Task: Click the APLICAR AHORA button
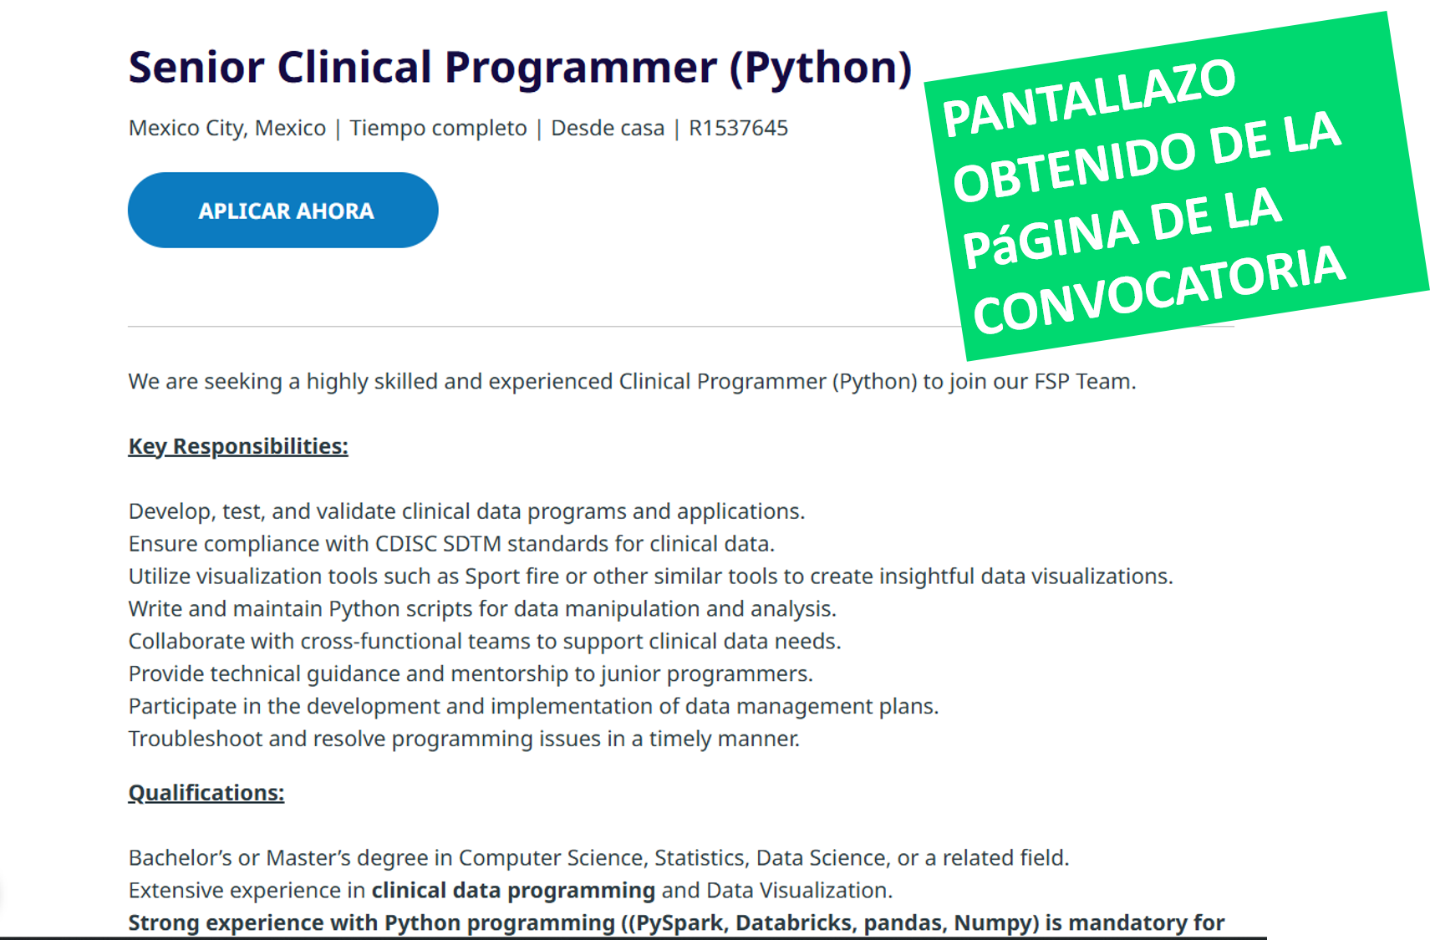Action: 282,210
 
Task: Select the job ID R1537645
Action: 738,129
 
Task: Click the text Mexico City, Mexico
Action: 227,129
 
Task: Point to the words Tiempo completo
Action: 439,129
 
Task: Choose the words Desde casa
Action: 608,129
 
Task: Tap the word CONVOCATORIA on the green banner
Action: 1159,291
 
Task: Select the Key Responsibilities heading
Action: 238,446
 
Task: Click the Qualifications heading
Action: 206,793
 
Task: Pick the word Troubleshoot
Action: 196,739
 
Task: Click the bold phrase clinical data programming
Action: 513,890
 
